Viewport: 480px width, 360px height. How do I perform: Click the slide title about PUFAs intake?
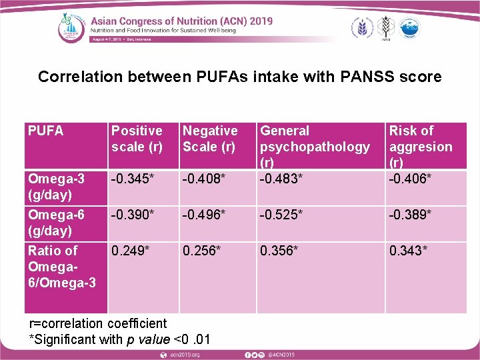click(239, 77)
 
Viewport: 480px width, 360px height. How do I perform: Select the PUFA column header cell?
click(46, 131)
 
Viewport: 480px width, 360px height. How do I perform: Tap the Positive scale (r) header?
click(137, 139)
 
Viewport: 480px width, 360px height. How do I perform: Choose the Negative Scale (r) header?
click(210, 139)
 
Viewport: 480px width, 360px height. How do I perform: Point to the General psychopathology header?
click(315, 147)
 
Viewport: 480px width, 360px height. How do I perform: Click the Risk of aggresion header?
click(420, 147)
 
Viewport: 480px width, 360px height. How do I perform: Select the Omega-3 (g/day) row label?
click(56, 187)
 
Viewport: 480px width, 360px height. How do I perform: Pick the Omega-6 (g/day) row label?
click(56, 223)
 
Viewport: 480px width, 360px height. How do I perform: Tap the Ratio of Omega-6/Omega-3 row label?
click(61, 267)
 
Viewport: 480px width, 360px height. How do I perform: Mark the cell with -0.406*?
click(411, 179)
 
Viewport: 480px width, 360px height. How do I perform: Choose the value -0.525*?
click(282, 215)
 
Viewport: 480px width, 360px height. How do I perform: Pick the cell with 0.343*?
click(409, 251)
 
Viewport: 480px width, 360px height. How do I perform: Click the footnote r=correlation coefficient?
click(99, 324)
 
